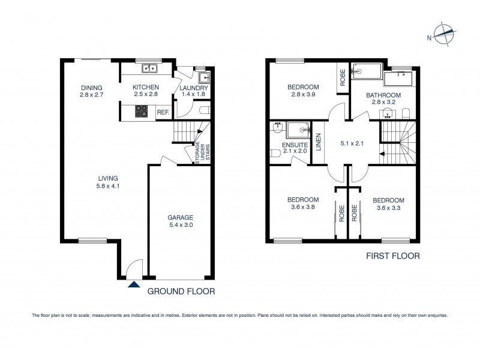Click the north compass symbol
click(x=442, y=35)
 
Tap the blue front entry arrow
click(x=134, y=284)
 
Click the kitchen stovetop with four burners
click(x=142, y=111)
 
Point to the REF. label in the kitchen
click(x=163, y=112)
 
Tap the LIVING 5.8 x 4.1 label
click(x=108, y=182)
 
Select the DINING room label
click(x=92, y=91)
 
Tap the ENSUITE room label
click(x=294, y=148)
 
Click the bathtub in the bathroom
click(x=397, y=79)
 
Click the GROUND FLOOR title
click(x=181, y=292)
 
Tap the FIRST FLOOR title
click(x=392, y=256)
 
